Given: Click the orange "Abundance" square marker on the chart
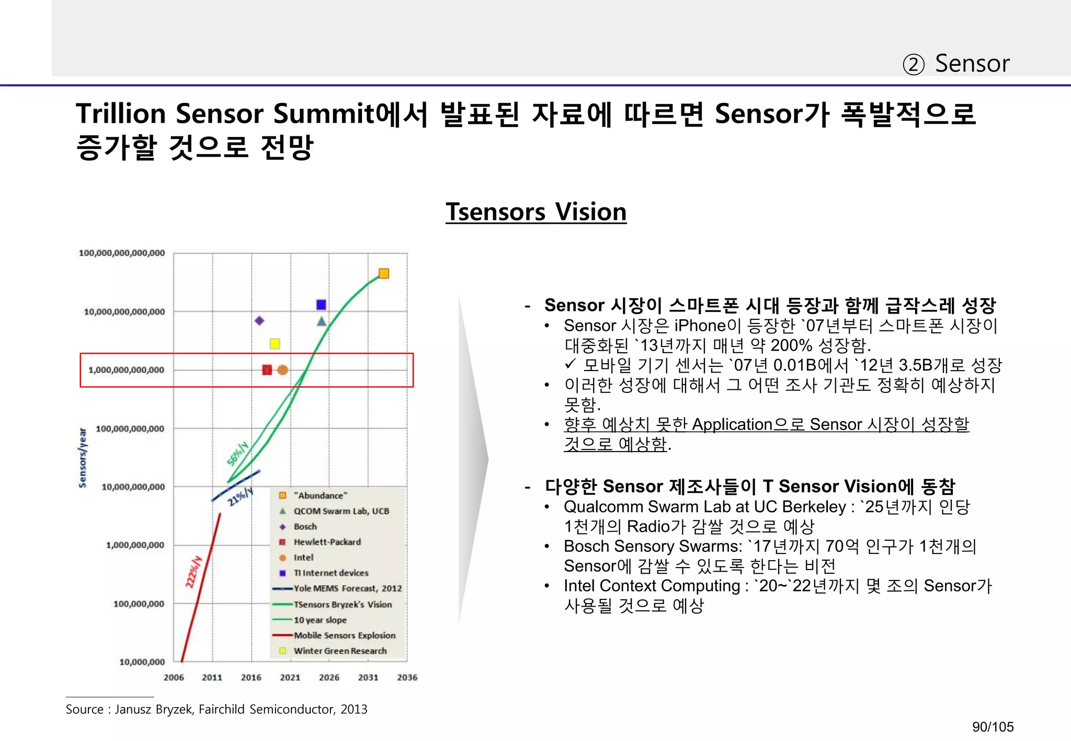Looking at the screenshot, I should [x=383, y=273].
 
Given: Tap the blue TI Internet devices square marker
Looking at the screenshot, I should [x=321, y=305].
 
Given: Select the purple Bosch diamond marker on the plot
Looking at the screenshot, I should [x=259, y=320].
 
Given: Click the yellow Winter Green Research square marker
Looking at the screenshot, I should [x=275, y=343].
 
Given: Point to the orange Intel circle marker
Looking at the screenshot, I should [x=282, y=370].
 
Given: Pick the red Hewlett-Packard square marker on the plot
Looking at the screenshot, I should [x=267, y=370].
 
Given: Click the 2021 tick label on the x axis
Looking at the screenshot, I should [x=290, y=677].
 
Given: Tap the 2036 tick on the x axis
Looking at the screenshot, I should [x=407, y=677].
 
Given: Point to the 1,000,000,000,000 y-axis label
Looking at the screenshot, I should [x=126, y=370].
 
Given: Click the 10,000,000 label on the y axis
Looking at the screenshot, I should [x=142, y=662].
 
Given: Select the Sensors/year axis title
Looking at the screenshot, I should [x=83, y=458].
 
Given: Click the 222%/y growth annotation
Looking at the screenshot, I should [x=193, y=572].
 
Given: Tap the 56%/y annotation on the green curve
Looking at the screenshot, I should [x=237, y=453].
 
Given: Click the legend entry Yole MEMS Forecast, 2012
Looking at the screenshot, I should [x=347, y=588].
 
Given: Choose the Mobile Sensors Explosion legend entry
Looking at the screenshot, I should [x=344, y=635].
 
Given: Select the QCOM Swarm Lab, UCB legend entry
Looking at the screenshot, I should [x=341, y=511].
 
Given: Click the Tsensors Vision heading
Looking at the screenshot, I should [x=535, y=212].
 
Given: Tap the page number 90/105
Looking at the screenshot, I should [x=993, y=727].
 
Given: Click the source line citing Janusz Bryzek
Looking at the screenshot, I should [x=216, y=709].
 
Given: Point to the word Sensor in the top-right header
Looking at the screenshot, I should [x=972, y=64].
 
